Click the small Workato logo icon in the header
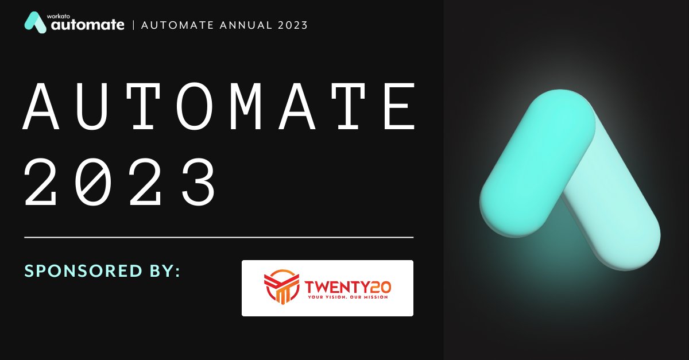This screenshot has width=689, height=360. (x=36, y=22)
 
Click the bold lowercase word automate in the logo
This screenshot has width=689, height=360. (x=87, y=25)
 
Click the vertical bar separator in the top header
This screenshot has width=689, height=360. (x=133, y=25)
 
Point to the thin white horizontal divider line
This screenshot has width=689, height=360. (x=218, y=237)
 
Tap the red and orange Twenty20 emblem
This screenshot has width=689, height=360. (x=281, y=287)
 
